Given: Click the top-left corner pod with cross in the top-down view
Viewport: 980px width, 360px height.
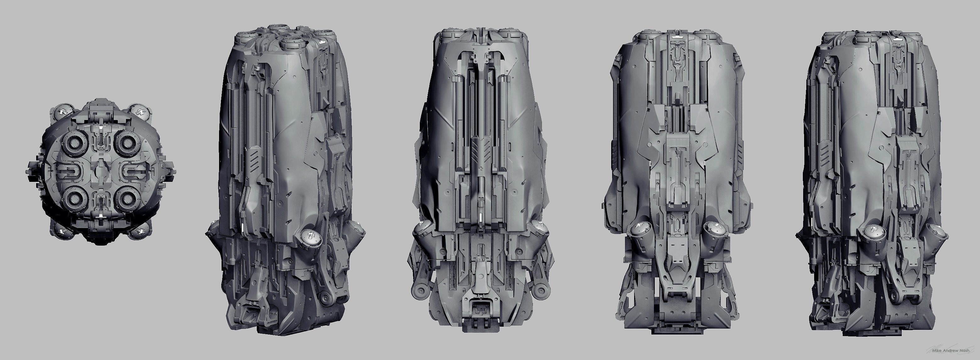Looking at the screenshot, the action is pyautogui.click(x=63, y=113).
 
